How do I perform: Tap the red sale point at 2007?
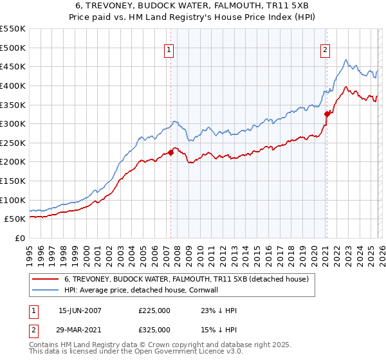click(171, 152)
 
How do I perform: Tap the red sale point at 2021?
click(327, 114)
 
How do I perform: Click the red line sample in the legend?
click(45, 279)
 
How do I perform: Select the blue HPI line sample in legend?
click(45, 290)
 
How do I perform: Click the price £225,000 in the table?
click(154, 310)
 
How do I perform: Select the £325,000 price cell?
click(154, 329)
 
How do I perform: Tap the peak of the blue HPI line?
click(346, 60)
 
